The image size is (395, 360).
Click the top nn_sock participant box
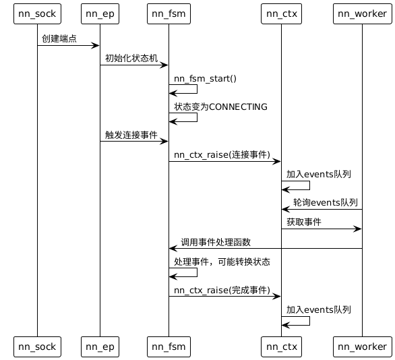(37, 13)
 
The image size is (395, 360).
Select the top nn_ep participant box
(100, 13)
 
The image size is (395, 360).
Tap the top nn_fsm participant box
(169, 13)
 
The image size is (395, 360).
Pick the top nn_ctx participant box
(281, 13)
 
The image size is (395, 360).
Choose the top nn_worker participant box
(362, 13)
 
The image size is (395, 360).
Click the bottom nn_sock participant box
(37, 346)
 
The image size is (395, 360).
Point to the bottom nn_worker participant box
(362, 346)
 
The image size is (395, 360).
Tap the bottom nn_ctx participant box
(281, 346)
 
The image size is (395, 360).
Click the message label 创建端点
(59, 38)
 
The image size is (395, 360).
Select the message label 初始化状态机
(131, 58)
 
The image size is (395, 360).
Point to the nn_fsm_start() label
(205, 78)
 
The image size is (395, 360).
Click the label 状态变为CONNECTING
(220, 107)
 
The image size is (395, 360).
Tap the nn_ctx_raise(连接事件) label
(222, 154)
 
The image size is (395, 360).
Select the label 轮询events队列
(326, 202)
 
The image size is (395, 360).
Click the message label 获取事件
(304, 222)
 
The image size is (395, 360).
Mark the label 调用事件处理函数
(216, 241)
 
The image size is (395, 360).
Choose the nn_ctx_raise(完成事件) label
(222, 289)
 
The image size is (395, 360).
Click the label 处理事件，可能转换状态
(222, 261)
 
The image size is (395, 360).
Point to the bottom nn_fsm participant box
(169, 346)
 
